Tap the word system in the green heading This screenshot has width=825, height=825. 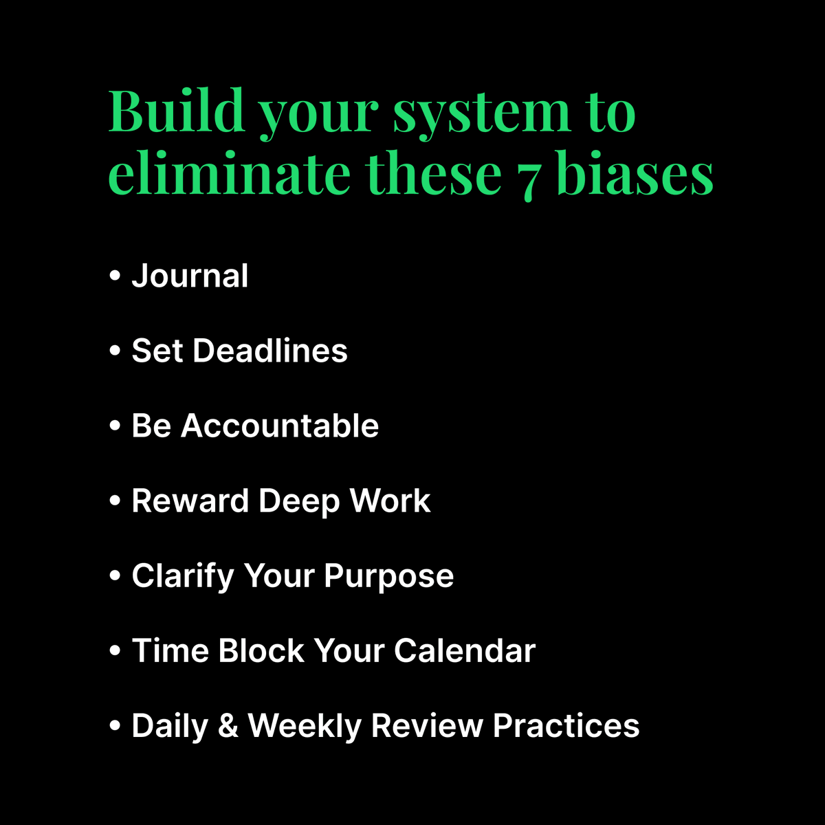click(x=481, y=111)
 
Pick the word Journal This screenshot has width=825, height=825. click(x=190, y=276)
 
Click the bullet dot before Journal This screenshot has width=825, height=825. click(x=115, y=276)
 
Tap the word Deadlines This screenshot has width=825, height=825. click(x=270, y=351)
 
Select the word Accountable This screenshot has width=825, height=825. click(x=280, y=426)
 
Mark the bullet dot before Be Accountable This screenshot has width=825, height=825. click(x=115, y=426)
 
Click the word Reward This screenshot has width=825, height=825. click(x=190, y=500)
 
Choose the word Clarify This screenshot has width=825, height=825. click(x=183, y=576)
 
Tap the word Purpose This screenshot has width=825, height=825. click(x=389, y=577)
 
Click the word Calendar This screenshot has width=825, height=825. click(x=465, y=650)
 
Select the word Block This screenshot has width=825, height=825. click(x=261, y=650)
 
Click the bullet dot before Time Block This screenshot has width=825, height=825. click(x=115, y=651)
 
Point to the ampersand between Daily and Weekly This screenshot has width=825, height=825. click(x=228, y=726)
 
